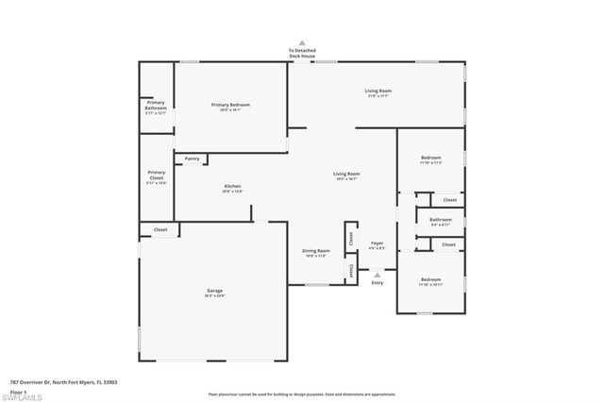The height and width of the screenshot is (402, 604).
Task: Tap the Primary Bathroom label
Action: [156, 107]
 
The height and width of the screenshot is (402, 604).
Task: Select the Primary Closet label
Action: [156, 175]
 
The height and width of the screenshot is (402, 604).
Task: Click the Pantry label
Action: [193, 159]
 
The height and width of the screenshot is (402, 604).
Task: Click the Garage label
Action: [215, 292]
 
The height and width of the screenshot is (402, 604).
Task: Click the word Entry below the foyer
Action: [377, 283]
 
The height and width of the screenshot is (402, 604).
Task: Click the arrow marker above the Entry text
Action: [377, 275]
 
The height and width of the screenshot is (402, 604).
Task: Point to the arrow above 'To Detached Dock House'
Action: [302, 42]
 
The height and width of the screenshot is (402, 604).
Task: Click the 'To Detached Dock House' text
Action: [302, 54]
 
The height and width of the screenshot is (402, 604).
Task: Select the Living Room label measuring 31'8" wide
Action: [377, 92]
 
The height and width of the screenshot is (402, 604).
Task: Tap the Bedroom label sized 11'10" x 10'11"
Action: [429, 281]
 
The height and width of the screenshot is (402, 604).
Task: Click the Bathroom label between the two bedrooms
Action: [441, 222]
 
